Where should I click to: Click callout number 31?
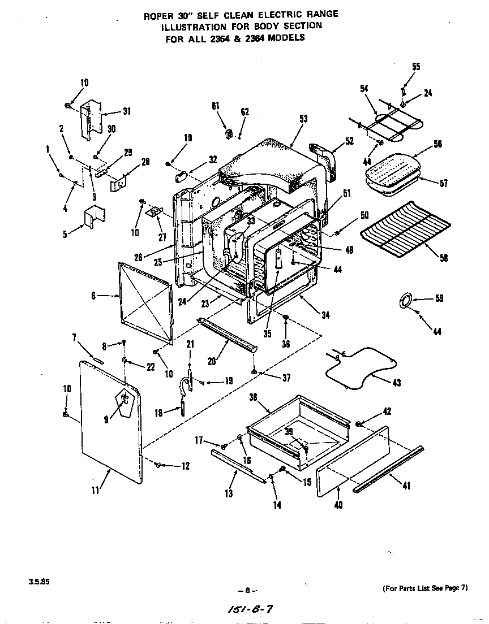click(x=126, y=111)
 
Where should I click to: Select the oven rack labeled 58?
click(x=405, y=233)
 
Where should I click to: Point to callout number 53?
click(x=303, y=118)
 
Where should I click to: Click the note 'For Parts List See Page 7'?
click(x=425, y=588)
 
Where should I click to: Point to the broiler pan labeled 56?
click(x=396, y=170)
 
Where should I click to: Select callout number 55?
click(x=416, y=67)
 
